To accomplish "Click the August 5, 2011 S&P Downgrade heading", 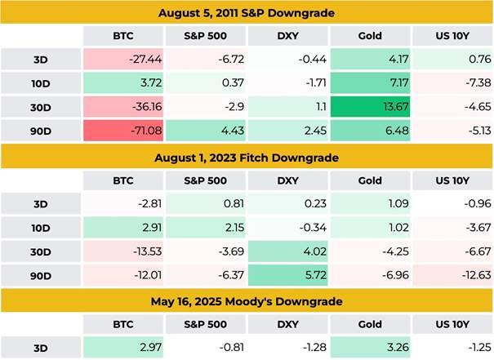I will (x=247, y=13).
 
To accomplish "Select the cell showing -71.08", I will (x=122, y=131).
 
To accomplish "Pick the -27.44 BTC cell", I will (x=122, y=59).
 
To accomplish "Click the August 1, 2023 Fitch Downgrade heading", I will (x=247, y=157).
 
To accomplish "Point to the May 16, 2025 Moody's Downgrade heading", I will (x=247, y=300).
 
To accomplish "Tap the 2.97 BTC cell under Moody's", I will (x=122, y=346).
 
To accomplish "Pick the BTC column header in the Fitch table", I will (x=122, y=180).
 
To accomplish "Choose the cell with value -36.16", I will (x=122, y=108).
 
